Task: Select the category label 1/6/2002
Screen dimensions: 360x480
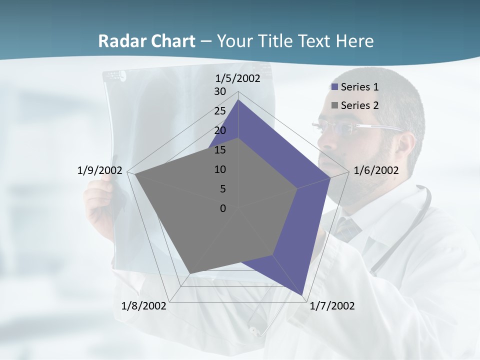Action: [376, 170]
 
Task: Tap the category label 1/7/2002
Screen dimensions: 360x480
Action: [332, 305]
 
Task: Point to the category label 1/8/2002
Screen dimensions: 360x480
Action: [144, 305]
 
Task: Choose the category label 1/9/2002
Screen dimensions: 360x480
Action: [100, 170]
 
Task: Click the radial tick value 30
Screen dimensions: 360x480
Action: [220, 91]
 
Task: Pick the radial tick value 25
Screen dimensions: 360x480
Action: [220, 111]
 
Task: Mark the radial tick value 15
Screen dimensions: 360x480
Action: [220, 150]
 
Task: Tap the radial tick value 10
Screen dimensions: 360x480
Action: [220, 169]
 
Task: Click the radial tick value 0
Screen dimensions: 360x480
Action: [223, 208]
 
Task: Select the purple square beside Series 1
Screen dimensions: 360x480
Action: [334, 87]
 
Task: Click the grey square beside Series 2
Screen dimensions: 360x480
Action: [334, 105]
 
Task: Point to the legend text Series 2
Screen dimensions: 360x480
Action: [359, 105]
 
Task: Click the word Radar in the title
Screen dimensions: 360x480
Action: [118, 41]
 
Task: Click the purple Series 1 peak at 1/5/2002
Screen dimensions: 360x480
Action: [238, 100]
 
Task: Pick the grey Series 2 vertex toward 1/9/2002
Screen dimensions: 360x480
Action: [135, 175]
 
